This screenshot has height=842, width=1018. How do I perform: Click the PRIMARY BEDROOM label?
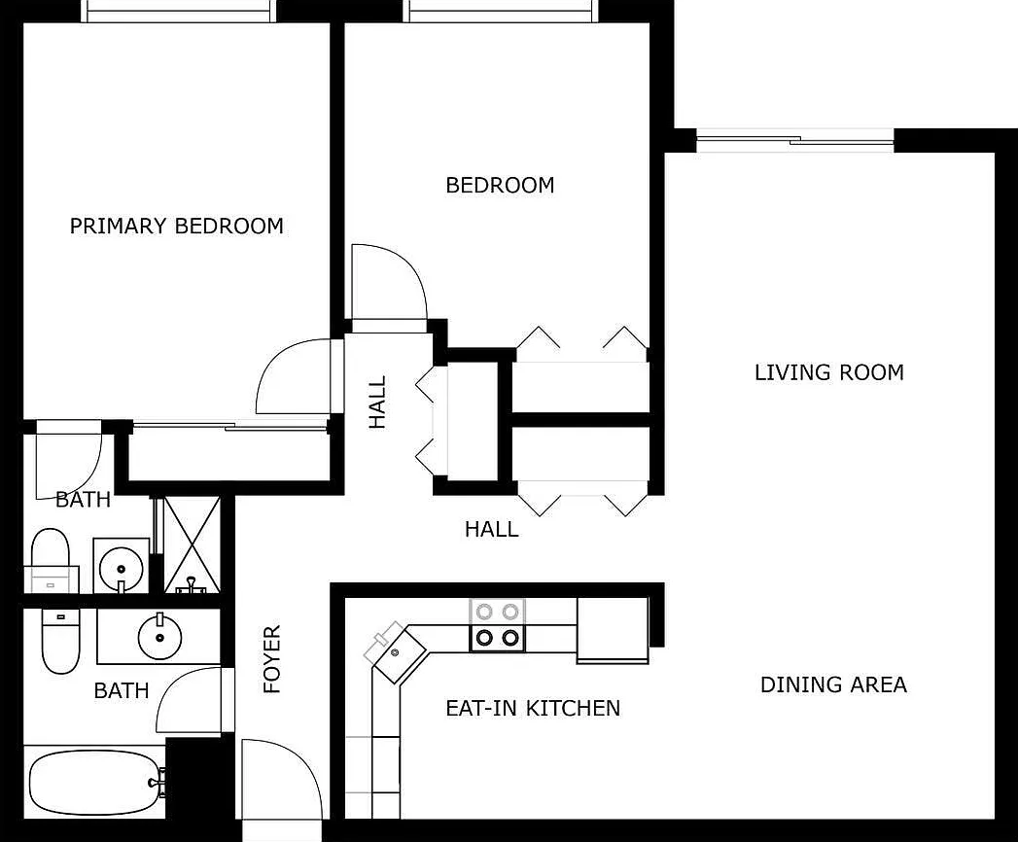click(x=177, y=227)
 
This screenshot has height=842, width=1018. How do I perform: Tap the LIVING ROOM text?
click(x=828, y=372)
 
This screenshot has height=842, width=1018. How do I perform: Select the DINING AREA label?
click(x=833, y=684)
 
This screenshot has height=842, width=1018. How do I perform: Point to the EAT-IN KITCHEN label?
click(x=532, y=708)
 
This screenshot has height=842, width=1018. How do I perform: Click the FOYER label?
click(x=272, y=659)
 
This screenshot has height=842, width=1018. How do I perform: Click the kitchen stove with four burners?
click(x=497, y=624)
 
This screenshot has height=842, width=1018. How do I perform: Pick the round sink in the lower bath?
click(x=159, y=638)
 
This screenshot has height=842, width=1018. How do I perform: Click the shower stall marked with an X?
click(x=191, y=544)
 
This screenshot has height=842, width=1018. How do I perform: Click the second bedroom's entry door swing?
click(x=387, y=283)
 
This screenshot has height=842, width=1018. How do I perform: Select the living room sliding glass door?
click(x=794, y=142)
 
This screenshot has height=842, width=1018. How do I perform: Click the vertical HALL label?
click(x=377, y=402)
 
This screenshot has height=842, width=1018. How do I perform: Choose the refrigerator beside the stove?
click(x=613, y=629)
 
